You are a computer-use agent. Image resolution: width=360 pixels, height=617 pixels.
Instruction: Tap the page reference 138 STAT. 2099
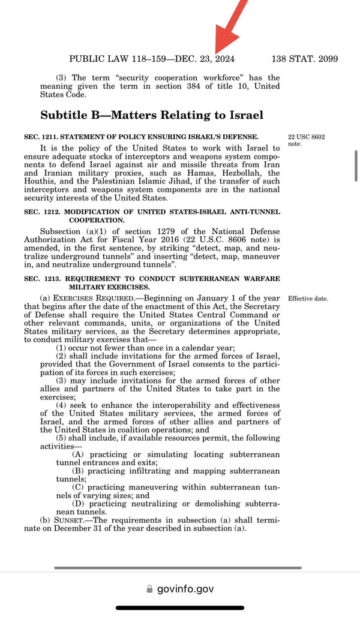[304, 59]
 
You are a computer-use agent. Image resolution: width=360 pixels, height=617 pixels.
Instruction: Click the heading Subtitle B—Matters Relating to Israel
[152, 115]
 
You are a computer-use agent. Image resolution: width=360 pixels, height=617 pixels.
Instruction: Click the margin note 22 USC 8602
[307, 137]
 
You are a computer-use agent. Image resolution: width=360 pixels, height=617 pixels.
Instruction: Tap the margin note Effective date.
[308, 298]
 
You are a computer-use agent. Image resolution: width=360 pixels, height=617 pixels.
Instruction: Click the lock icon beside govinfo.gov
[149, 589]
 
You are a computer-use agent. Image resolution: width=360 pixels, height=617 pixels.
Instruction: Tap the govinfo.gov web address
[185, 589]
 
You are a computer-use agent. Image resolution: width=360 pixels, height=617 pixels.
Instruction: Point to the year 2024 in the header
[223, 59]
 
